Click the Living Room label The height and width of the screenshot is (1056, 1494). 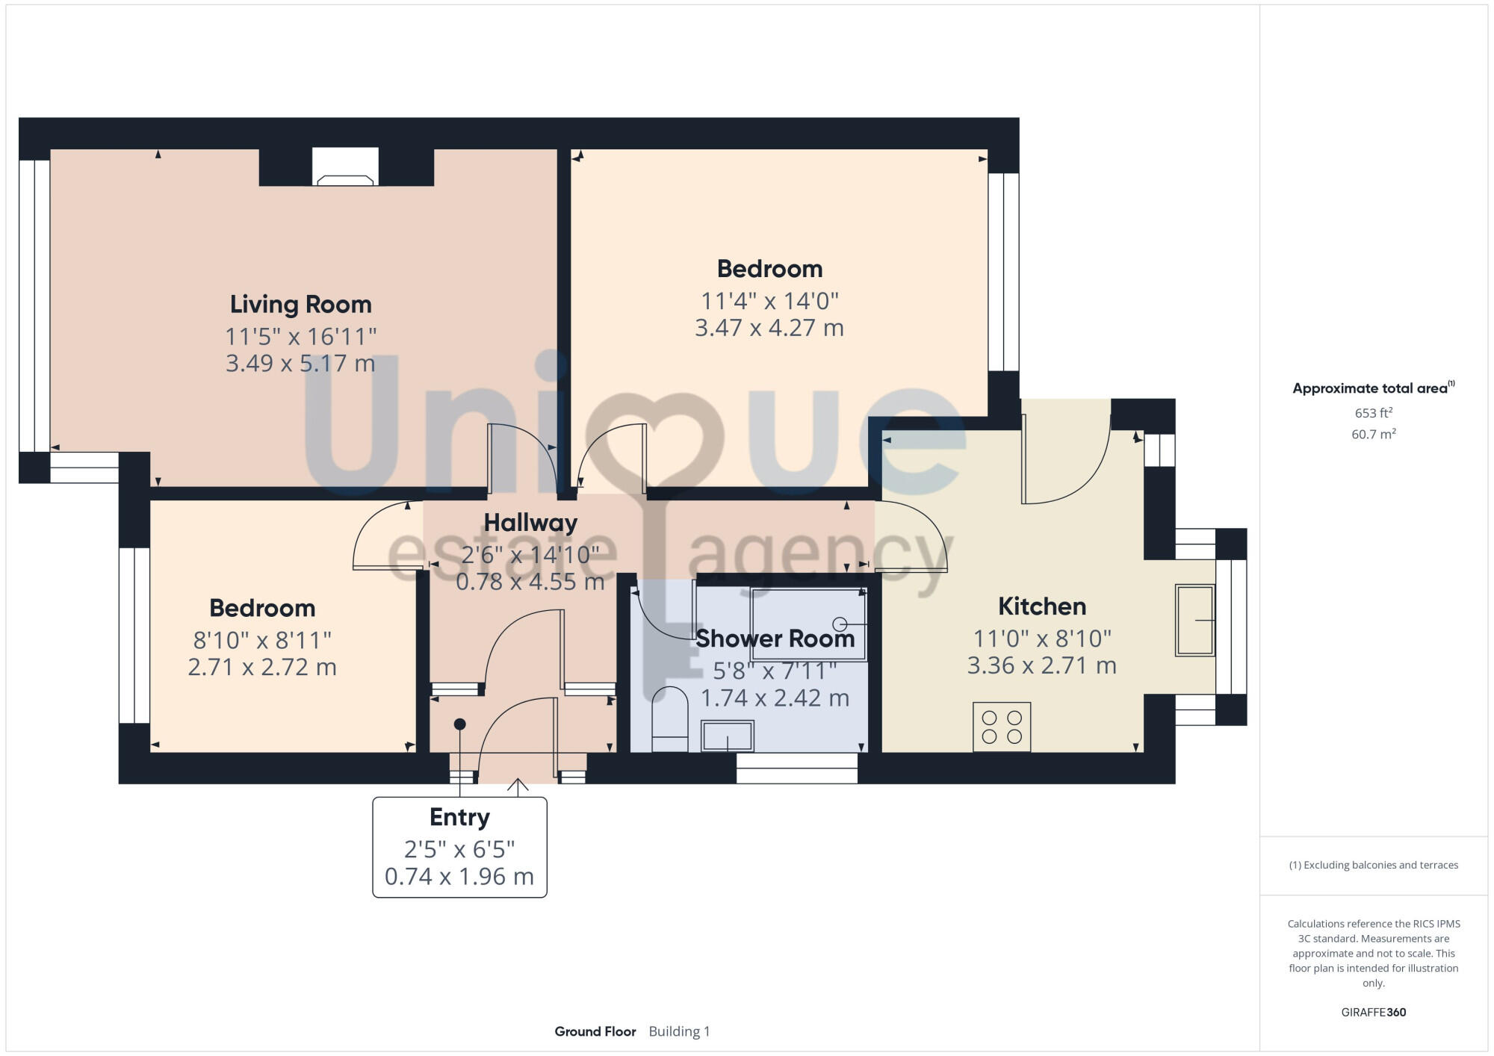point(300,305)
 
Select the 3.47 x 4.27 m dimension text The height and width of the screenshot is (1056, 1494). point(769,328)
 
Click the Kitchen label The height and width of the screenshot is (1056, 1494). point(1042,606)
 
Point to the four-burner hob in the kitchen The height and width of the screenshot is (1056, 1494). point(1002,727)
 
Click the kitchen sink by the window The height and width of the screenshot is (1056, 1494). point(1194,620)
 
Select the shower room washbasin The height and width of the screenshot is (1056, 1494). point(727,736)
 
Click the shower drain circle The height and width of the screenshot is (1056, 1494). point(840,623)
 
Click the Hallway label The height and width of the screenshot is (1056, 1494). point(530,523)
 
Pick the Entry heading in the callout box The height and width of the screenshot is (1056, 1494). point(459,817)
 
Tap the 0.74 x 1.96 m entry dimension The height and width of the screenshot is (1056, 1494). point(459,876)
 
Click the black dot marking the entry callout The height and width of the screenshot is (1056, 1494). point(460,724)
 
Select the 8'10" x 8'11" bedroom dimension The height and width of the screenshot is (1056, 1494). point(262,640)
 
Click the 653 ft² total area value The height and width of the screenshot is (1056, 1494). point(1373,413)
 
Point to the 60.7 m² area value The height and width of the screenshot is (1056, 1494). point(1373,434)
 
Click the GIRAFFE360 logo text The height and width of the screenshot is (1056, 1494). point(1373,1013)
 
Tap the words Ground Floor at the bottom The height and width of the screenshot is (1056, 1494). point(595,1031)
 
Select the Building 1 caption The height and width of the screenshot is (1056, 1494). point(679,1031)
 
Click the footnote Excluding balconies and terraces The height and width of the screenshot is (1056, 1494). point(1373,865)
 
